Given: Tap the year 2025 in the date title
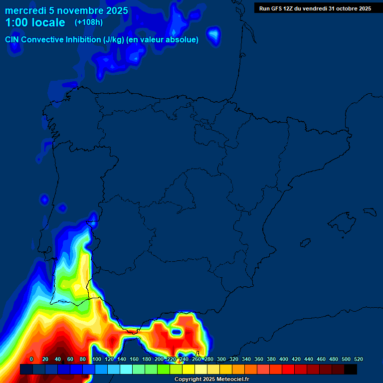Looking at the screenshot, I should [x=116, y=10].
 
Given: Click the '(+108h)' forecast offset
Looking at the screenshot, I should [x=89, y=22].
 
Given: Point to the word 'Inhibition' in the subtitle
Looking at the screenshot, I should [x=83, y=39].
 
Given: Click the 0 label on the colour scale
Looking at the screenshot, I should [x=31, y=359].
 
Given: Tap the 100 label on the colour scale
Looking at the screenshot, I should [x=96, y=359].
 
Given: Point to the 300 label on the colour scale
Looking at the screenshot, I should [x=221, y=359].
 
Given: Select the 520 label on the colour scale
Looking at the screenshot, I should [x=358, y=359].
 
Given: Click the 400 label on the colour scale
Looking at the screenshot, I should [x=283, y=359].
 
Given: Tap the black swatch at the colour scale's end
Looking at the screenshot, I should [x=351, y=369].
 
